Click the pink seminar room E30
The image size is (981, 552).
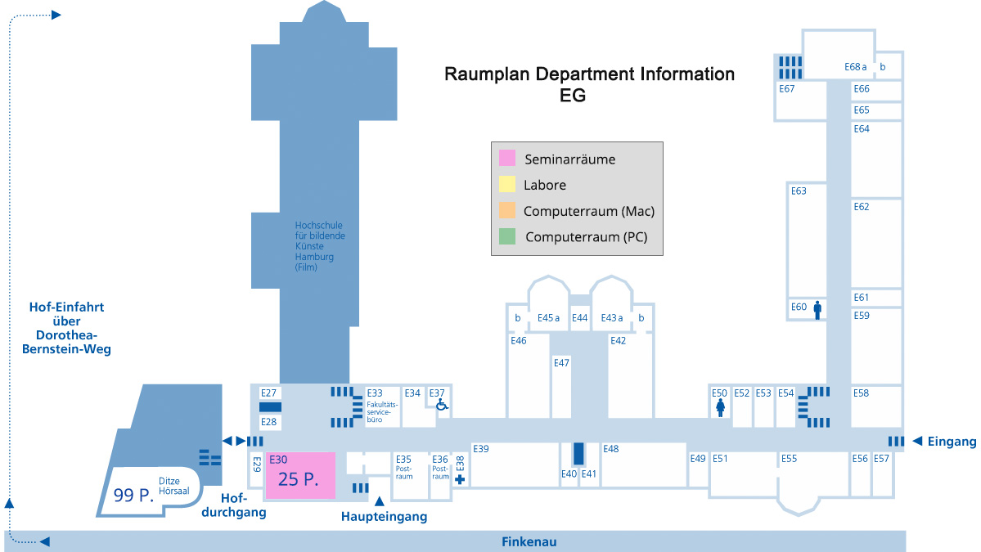[x=300, y=475]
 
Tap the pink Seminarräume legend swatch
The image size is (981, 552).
[x=507, y=159]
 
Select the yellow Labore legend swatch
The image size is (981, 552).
[x=507, y=185]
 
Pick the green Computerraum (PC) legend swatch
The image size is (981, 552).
[x=507, y=237]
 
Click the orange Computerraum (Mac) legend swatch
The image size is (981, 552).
[x=507, y=211]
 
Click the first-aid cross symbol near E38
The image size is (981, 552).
[x=460, y=479]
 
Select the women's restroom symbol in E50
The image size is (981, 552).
[x=720, y=407]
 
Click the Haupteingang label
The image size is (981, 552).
[x=384, y=517]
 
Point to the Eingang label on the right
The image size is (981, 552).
[x=952, y=442]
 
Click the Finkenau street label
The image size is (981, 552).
[x=529, y=542]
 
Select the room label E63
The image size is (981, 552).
[x=799, y=191]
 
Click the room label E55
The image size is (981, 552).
[x=789, y=459]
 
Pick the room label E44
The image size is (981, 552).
[x=579, y=318]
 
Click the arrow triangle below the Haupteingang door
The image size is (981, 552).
[x=379, y=500]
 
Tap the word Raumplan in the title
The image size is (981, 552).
[x=486, y=74]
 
